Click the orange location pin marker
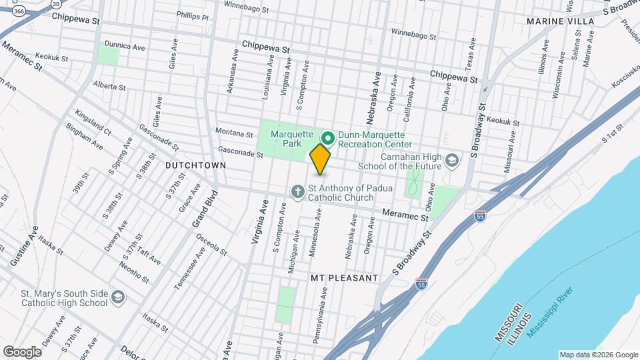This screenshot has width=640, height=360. coord(321,159)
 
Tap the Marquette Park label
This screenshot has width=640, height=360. coord(292,139)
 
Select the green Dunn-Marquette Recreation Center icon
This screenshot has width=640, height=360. coord(327,138)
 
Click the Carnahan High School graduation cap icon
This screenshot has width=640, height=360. coord(452,160)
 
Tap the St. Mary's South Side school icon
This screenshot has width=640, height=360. coord(117,297)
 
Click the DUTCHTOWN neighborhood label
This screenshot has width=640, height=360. coord(196,165)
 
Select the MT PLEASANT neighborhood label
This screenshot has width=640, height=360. coord(345,277)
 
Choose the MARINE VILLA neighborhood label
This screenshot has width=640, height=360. coord(560,21)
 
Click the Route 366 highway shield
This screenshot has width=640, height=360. coord(19,11)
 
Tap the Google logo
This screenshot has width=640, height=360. coord(22,351)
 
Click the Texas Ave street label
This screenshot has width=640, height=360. coord(469,54)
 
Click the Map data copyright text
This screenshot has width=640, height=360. coord(598,355)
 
